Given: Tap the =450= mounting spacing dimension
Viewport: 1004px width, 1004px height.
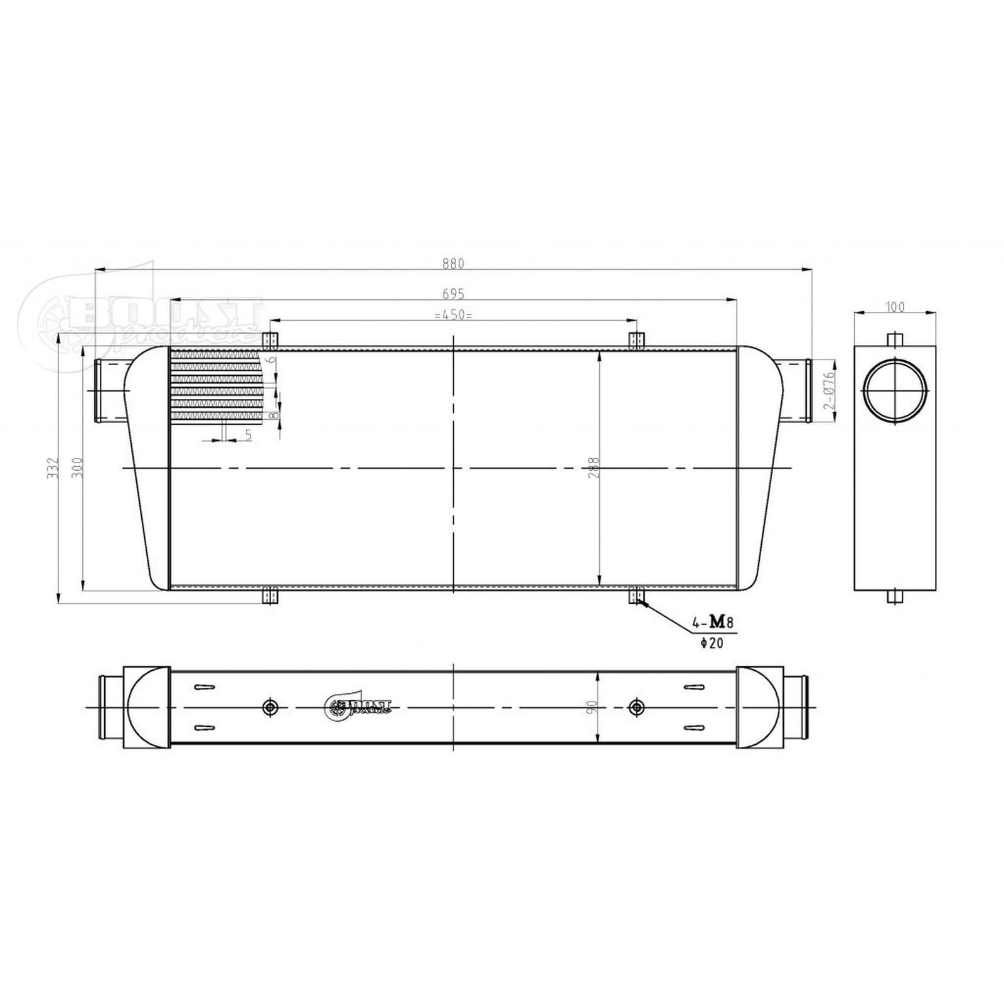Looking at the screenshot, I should pos(453,315).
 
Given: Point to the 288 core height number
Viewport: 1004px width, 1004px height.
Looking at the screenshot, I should pos(595,467).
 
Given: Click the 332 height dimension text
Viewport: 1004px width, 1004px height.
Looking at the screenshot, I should pos(53,467).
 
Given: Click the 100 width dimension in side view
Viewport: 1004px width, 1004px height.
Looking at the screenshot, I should pos(896,307).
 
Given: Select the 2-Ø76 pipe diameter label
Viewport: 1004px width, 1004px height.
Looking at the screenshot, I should pos(829,391).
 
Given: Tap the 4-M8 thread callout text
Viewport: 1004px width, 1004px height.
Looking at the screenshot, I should pos(712,622).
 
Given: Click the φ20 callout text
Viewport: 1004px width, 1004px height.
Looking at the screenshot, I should pos(712,643).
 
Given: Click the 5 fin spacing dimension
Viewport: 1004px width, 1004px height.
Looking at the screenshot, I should pos(248,434).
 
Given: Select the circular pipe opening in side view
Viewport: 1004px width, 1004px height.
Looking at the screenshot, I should pos(895,390).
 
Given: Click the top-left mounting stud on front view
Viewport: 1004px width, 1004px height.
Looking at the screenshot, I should pos(269,340).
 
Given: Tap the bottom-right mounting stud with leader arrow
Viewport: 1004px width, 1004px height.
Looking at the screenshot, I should pos(636,595).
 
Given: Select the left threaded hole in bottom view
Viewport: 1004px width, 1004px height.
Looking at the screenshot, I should pos(270,707).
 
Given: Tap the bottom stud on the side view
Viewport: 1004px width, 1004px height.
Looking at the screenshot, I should pos(895,595).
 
